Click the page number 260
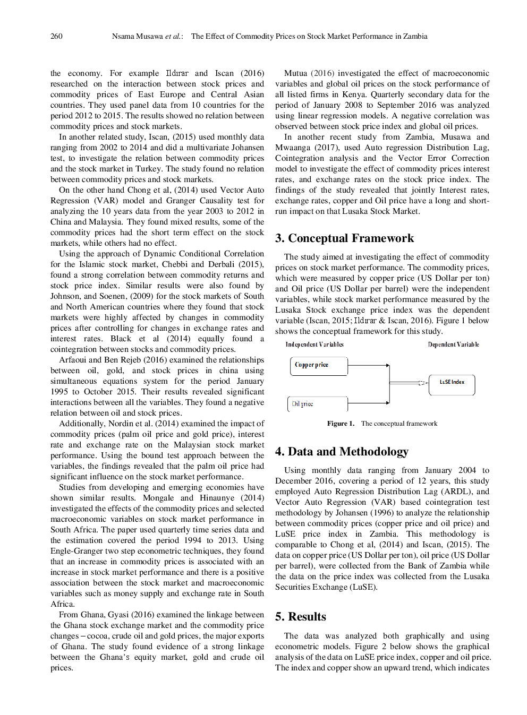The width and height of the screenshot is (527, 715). point(56,36)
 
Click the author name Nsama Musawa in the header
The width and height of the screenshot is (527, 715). point(137,36)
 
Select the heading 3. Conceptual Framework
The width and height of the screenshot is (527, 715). point(344,238)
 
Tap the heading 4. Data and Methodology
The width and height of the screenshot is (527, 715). point(342,452)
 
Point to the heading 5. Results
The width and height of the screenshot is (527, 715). point(301,617)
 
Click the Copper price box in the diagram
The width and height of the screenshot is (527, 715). point(319,366)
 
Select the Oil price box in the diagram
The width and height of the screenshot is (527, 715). point(317,404)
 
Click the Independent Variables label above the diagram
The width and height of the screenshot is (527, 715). point(314,344)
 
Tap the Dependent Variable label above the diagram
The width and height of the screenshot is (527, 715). point(453,344)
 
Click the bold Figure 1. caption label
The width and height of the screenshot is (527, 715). point(341,424)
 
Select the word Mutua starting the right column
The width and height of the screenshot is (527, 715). point(295,73)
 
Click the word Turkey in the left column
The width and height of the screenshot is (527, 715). point(148,169)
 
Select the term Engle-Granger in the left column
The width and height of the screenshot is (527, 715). point(75,551)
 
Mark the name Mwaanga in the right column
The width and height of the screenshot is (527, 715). point(293,148)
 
